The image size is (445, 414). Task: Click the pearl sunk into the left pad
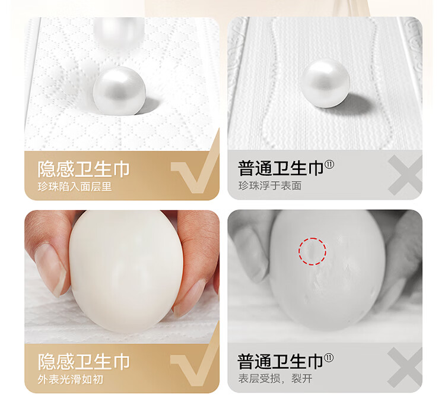tap(119, 91)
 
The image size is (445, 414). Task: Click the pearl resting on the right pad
tap(325, 83)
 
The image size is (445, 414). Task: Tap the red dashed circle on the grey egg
tap(312, 251)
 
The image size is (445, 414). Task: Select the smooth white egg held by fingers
tap(126, 271)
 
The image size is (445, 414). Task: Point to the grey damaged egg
tap(327, 270)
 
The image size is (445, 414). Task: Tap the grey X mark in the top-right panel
tap(405, 175)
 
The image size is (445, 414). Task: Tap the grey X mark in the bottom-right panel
tap(405, 368)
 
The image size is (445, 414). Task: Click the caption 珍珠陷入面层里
tap(75, 187)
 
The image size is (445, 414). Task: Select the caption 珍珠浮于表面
tap(269, 186)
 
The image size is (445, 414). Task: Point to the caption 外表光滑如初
tap(71, 380)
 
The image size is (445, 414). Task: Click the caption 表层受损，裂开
tap(275, 378)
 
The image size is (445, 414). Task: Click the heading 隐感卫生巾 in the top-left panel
tap(84, 169)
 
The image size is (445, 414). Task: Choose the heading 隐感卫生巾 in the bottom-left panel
tap(84, 362)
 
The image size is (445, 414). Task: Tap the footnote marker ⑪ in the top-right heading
tap(329, 165)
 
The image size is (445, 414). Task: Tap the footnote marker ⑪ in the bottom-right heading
tap(329, 358)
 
